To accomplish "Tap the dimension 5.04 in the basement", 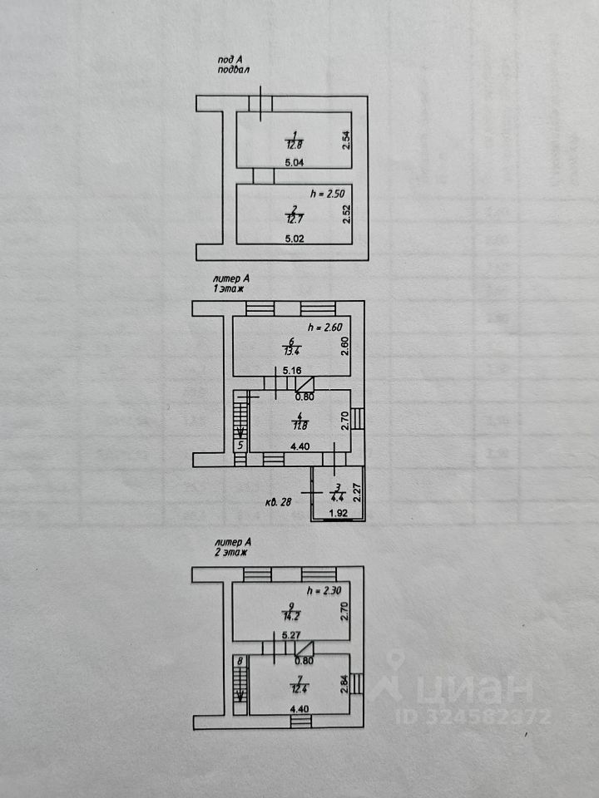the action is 294,163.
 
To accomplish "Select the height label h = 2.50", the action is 326,193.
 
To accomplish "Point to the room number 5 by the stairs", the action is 240,446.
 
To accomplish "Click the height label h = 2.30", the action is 324,591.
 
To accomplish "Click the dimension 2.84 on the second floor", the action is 344,683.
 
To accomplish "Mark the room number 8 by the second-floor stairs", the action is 240,662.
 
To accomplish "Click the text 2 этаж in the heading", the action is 230,551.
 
